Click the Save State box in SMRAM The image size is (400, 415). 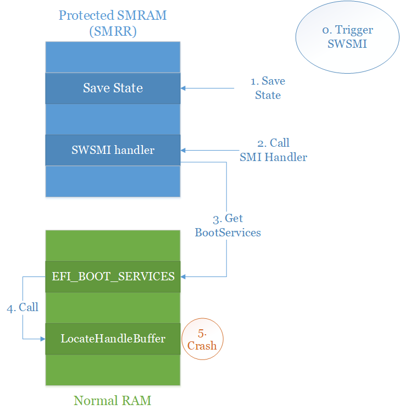point(113,88)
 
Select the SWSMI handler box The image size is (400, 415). point(113,150)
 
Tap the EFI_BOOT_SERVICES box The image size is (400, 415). point(113,276)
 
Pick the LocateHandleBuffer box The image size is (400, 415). point(113,339)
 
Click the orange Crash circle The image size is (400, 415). point(202,339)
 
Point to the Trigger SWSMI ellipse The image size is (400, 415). point(347,37)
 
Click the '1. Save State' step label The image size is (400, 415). point(268,88)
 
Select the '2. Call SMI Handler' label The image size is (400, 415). point(273,150)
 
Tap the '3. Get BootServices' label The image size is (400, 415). point(227,225)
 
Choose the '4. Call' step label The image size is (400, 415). point(23,307)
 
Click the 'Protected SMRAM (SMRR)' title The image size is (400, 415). point(113,23)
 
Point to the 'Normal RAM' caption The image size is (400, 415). point(112,400)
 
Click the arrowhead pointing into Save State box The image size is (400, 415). point(184,88)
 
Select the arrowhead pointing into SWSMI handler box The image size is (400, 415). point(184,150)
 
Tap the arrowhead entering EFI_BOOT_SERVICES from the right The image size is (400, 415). point(184,276)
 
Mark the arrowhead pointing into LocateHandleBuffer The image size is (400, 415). point(42,339)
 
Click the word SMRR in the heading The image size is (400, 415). point(113,31)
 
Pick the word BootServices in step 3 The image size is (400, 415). point(227,233)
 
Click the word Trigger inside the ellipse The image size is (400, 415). point(354,30)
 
